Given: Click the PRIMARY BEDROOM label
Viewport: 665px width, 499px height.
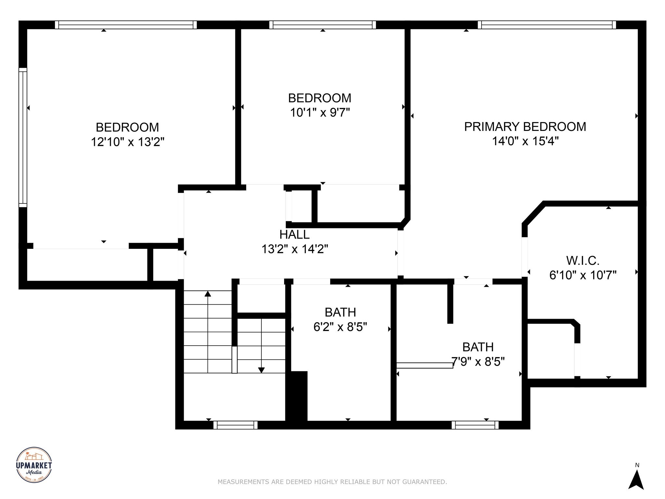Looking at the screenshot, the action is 525,127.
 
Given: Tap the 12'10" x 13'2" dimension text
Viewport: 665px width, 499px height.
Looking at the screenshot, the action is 128,142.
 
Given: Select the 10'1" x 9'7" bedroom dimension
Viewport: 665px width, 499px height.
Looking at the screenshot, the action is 320,113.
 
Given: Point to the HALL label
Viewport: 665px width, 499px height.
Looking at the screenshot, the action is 295,235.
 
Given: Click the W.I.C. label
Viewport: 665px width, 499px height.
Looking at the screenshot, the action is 583,261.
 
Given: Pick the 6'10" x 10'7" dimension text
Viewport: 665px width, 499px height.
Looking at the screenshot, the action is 583,275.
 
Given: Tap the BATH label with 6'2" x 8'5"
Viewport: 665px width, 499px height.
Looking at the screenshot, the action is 340,312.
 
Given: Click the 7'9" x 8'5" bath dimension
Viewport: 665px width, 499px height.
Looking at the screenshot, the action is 478,362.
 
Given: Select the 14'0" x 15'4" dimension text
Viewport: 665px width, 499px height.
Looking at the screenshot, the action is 525,141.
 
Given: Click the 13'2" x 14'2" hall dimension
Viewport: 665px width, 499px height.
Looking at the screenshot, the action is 295,249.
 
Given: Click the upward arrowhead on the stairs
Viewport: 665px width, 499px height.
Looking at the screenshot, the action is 208,294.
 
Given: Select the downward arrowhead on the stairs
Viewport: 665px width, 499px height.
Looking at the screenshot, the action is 261,370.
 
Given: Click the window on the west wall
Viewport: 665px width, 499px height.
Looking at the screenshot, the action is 23,138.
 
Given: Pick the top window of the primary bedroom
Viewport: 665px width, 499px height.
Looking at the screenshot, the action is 547,25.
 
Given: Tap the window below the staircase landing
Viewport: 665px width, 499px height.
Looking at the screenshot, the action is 235,425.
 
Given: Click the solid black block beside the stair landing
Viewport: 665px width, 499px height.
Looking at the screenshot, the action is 296,396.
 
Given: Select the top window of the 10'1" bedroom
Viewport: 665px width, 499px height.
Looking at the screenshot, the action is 322,25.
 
